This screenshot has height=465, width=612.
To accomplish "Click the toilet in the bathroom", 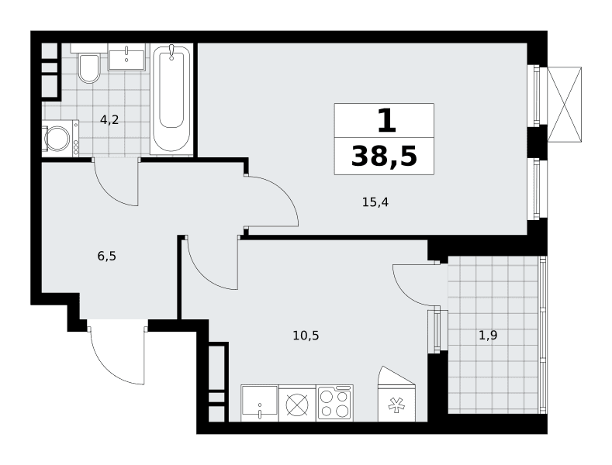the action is coord(89,67).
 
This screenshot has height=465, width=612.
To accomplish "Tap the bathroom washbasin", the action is coord(126,57).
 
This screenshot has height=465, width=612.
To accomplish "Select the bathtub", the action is coord(171,98).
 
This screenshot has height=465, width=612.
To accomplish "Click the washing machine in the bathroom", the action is coord(61,138).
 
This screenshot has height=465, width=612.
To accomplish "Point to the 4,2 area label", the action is coord(109,120).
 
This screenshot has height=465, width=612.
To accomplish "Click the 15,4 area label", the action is coord(375,202).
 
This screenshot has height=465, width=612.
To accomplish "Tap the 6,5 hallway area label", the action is coord(107,257).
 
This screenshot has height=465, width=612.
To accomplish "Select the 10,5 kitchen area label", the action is coord(306,335).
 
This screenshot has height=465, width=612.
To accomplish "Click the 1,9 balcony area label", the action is coord(488,335).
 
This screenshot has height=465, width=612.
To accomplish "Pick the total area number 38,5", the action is coord(385,156).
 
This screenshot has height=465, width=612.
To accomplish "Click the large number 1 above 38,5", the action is coord(387,121).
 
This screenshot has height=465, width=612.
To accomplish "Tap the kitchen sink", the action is coord(259,403).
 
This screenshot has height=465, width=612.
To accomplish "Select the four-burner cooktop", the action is coord(335,403).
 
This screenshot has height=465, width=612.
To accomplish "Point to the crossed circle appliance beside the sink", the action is coord(297,404).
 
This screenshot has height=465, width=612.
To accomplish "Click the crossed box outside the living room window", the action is coord(565,104).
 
